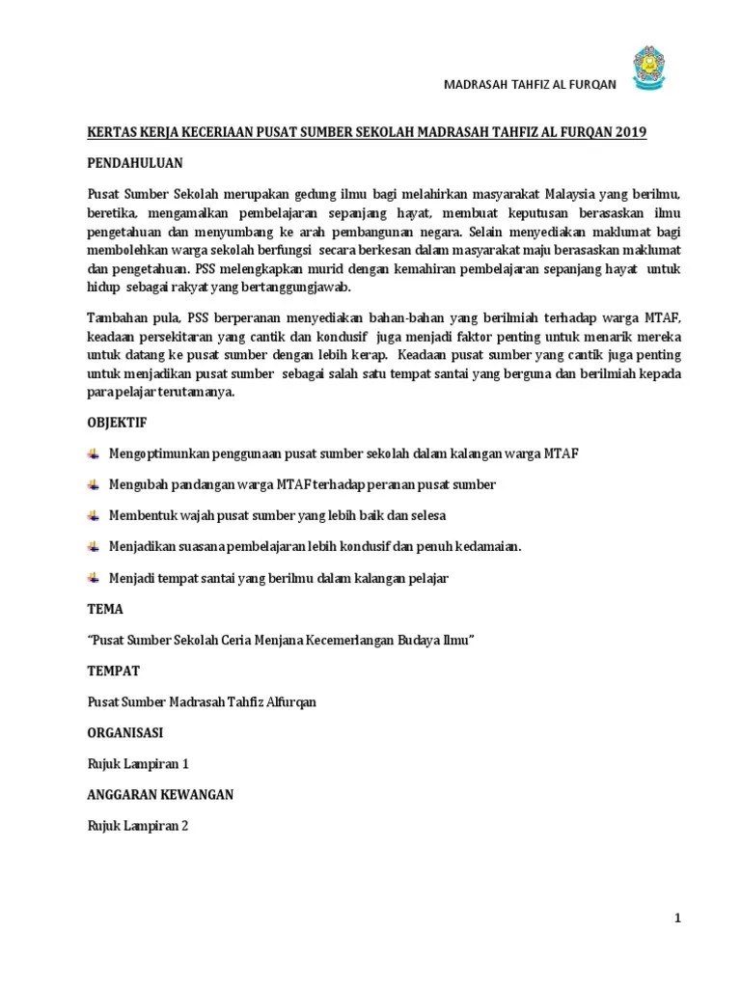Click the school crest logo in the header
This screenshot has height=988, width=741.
(648, 69)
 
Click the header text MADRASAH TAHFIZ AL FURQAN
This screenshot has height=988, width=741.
(529, 84)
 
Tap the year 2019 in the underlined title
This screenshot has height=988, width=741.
(628, 132)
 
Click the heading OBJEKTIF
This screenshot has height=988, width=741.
(117, 423)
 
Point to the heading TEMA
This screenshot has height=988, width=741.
(105, 610)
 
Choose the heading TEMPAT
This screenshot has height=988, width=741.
(114, 671)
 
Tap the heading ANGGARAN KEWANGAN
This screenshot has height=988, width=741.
(160, 794)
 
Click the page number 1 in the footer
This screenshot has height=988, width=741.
(677, 919)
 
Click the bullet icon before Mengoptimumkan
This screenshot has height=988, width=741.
(93, 453)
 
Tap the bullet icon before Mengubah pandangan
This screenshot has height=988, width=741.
(93, 484)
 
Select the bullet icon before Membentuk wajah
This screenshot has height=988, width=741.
(93, 515)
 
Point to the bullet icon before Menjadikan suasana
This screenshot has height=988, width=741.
(93, 546)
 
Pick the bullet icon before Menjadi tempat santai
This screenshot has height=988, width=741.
(93, 577)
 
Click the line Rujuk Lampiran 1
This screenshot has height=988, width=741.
(138, 763)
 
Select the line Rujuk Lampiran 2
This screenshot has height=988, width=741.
(138, 825)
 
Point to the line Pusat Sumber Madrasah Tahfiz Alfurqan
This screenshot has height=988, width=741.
(202, 701)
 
